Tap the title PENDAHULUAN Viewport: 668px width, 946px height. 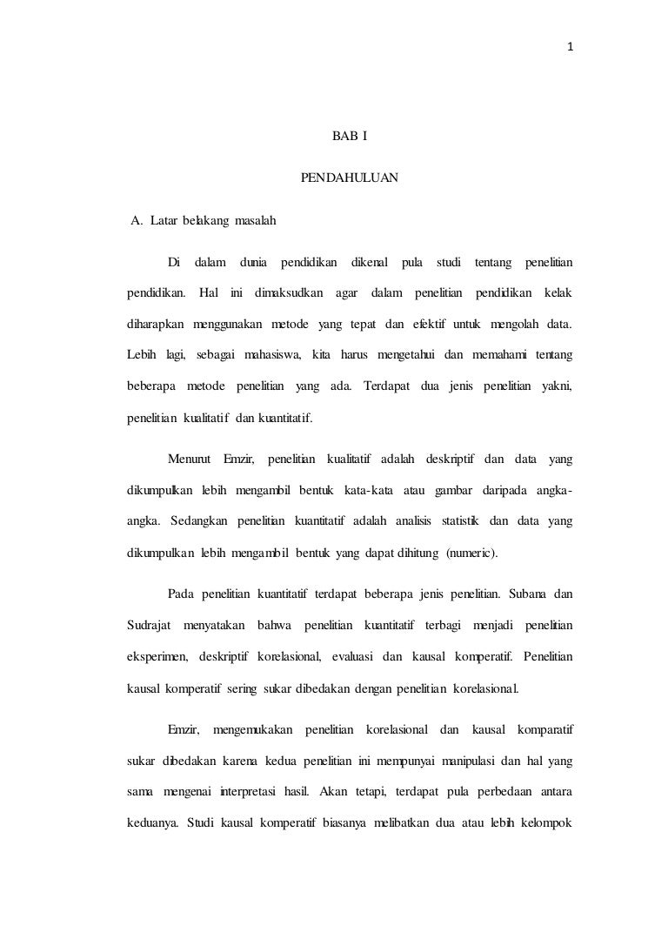349,178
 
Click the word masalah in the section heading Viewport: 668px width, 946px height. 255,220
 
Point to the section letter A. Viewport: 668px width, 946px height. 136,220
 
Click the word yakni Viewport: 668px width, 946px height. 556,385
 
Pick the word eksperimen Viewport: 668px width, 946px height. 157,657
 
